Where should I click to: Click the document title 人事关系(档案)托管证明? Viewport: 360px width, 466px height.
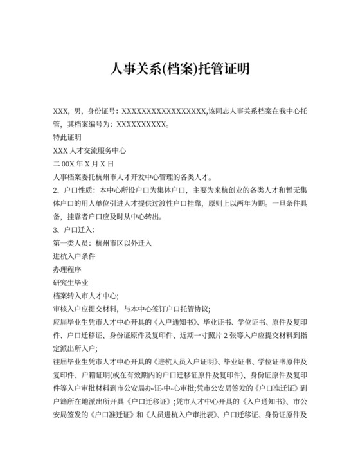tap(179, 68)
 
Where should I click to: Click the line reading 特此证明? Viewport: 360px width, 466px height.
tap(68, 138)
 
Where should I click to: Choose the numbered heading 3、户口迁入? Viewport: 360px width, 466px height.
tap(74, 230)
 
